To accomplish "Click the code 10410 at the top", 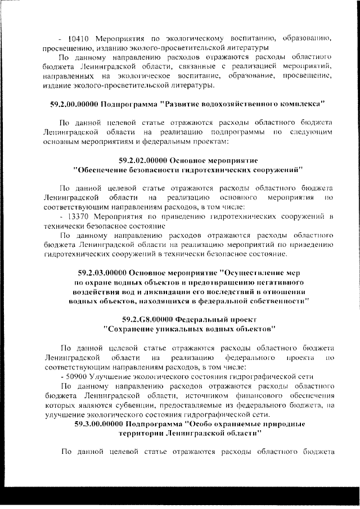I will (x=79, y=39).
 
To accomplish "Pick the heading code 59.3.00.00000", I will (x=100, y=424).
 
